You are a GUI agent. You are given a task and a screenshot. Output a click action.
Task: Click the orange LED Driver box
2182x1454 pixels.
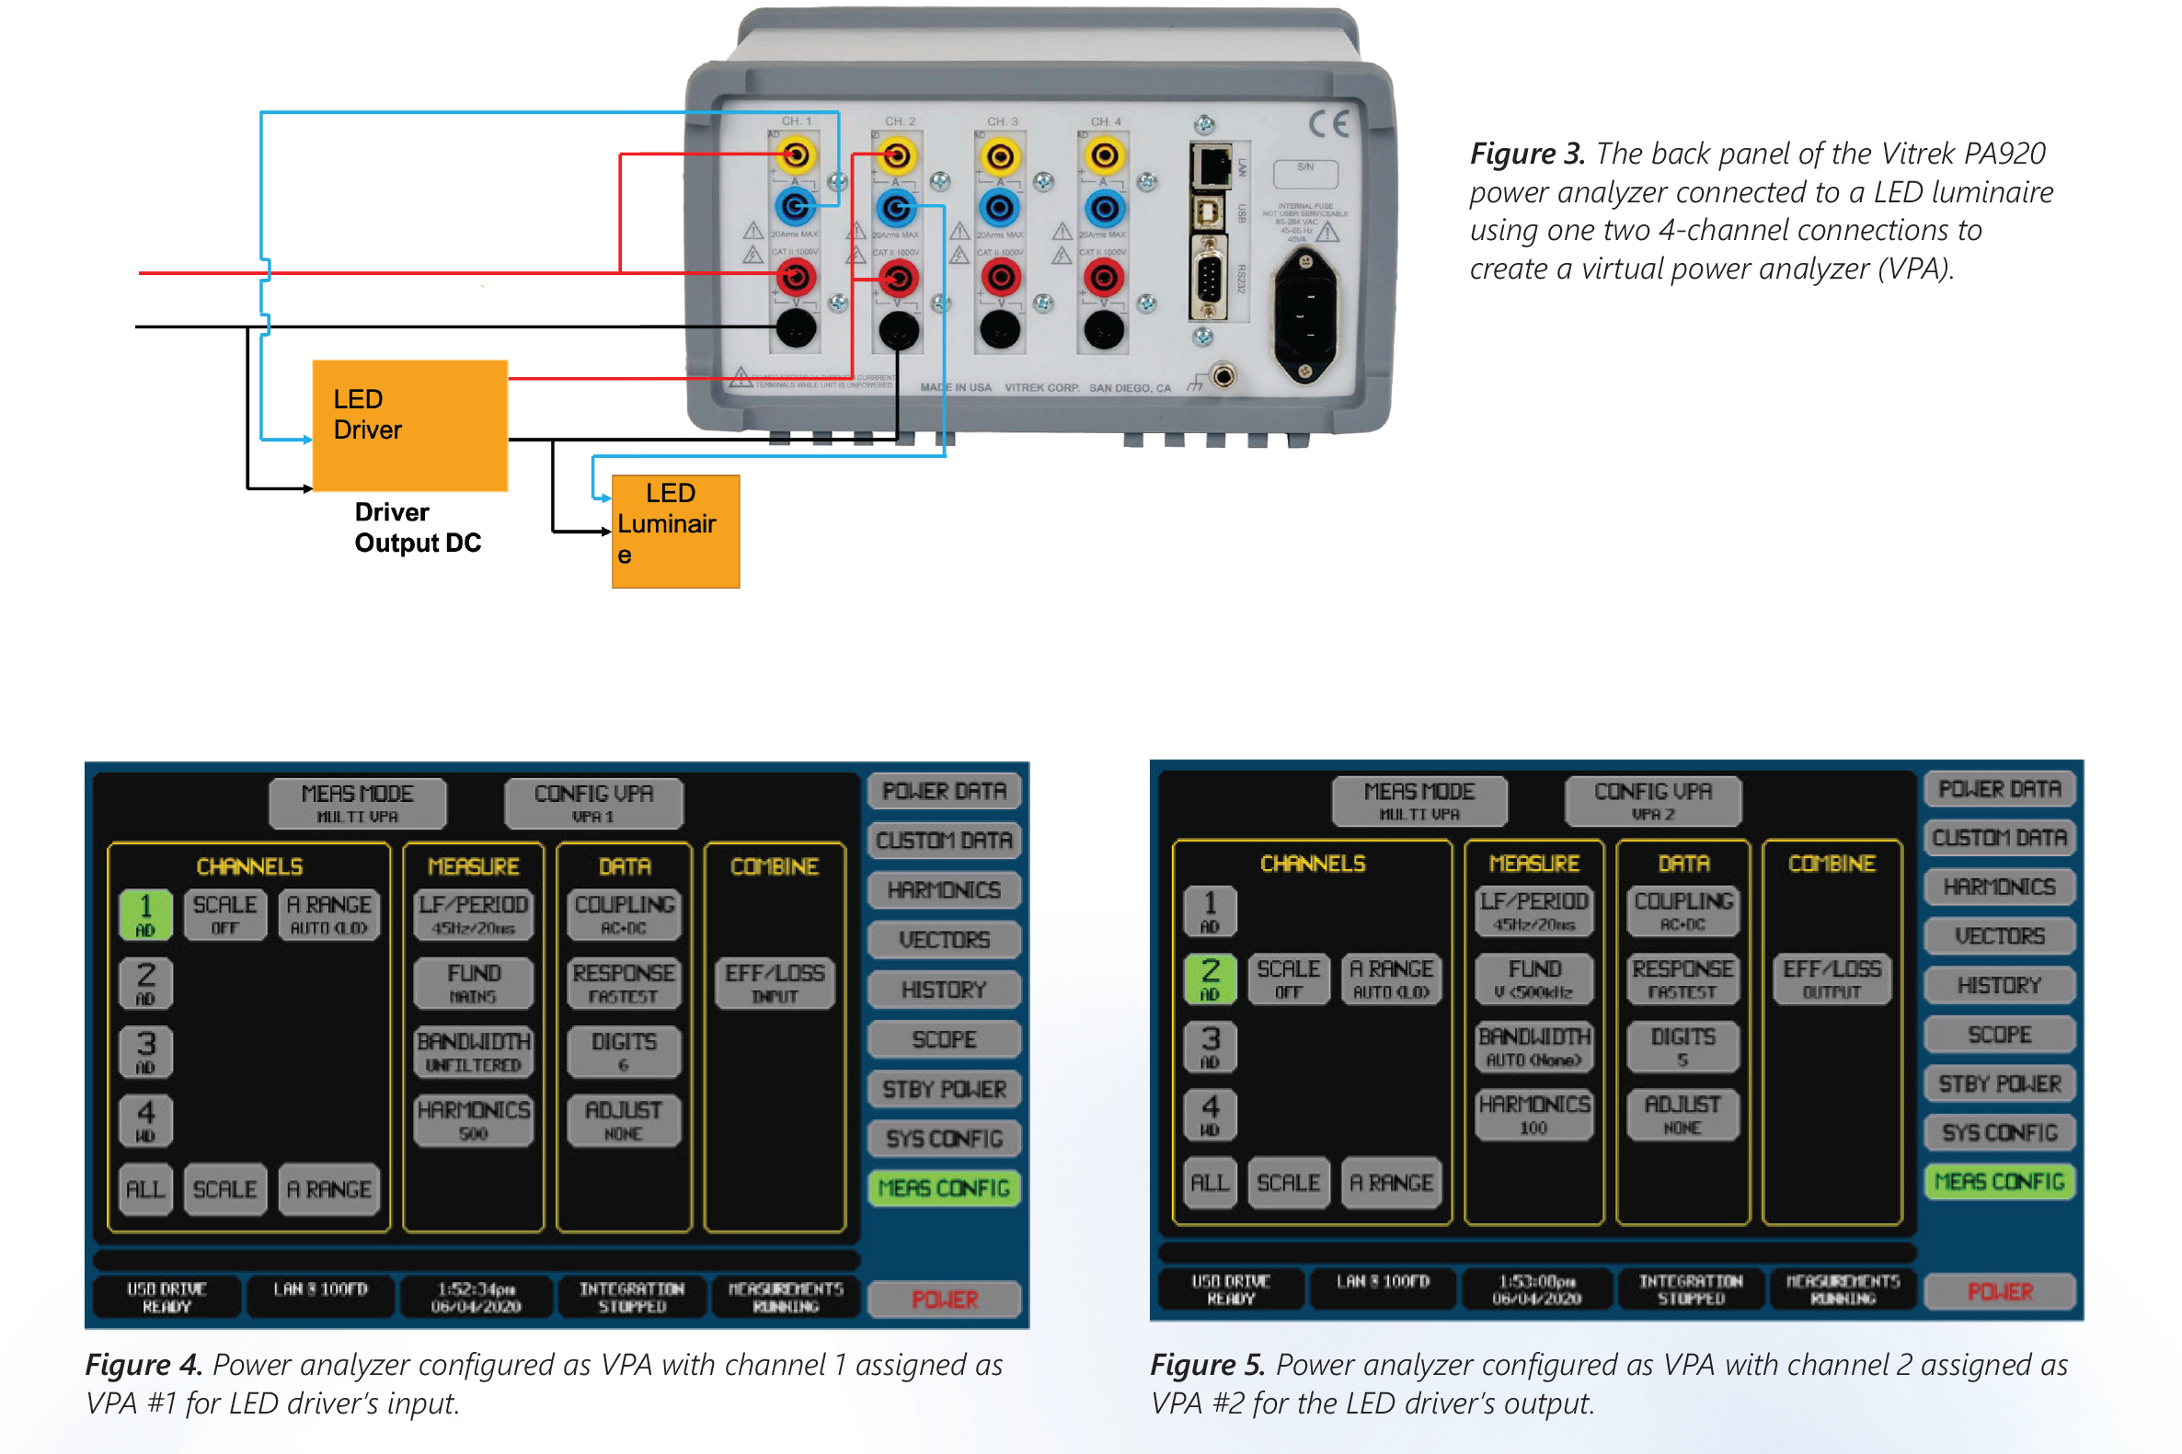pos(410,425)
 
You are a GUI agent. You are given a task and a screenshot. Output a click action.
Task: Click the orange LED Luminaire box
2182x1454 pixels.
pos(675,532)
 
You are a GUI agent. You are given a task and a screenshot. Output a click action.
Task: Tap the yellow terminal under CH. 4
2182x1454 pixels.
pos(1104,155)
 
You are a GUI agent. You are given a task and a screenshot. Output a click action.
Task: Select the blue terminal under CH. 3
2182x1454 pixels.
pos(1000,208)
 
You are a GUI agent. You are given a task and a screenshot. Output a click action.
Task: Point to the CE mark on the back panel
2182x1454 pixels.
pos(1328,123)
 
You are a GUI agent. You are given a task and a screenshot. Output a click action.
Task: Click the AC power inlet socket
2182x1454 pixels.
pos(1305,316)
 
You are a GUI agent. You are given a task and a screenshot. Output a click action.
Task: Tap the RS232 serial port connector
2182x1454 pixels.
pos(1208,278)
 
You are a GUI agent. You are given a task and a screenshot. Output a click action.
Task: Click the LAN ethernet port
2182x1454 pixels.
pos(1212,166)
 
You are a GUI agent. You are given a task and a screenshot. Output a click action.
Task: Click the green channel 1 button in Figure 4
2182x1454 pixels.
pos(145,914)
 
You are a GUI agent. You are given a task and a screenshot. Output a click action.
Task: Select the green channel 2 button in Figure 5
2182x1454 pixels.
pos(1211,979)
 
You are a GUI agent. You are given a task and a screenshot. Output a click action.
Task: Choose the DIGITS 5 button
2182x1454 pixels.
pos(1682,1046)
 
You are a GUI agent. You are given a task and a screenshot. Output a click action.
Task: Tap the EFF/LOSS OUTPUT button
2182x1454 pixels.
pos(1832,979)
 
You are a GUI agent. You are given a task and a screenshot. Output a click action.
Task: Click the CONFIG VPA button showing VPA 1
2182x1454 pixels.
pos(593,802)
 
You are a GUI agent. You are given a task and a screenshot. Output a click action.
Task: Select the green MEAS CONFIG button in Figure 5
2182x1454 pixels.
pos(1999,1182)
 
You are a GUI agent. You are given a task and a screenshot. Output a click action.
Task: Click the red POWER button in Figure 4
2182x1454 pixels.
pos(944,1299)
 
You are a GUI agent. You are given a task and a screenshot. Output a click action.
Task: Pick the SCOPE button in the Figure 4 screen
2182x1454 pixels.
pos(944,1039)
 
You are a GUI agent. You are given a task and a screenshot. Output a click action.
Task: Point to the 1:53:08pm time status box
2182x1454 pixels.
pos(1535,1289)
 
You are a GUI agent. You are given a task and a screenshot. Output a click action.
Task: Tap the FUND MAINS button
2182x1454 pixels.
pos(473,983)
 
